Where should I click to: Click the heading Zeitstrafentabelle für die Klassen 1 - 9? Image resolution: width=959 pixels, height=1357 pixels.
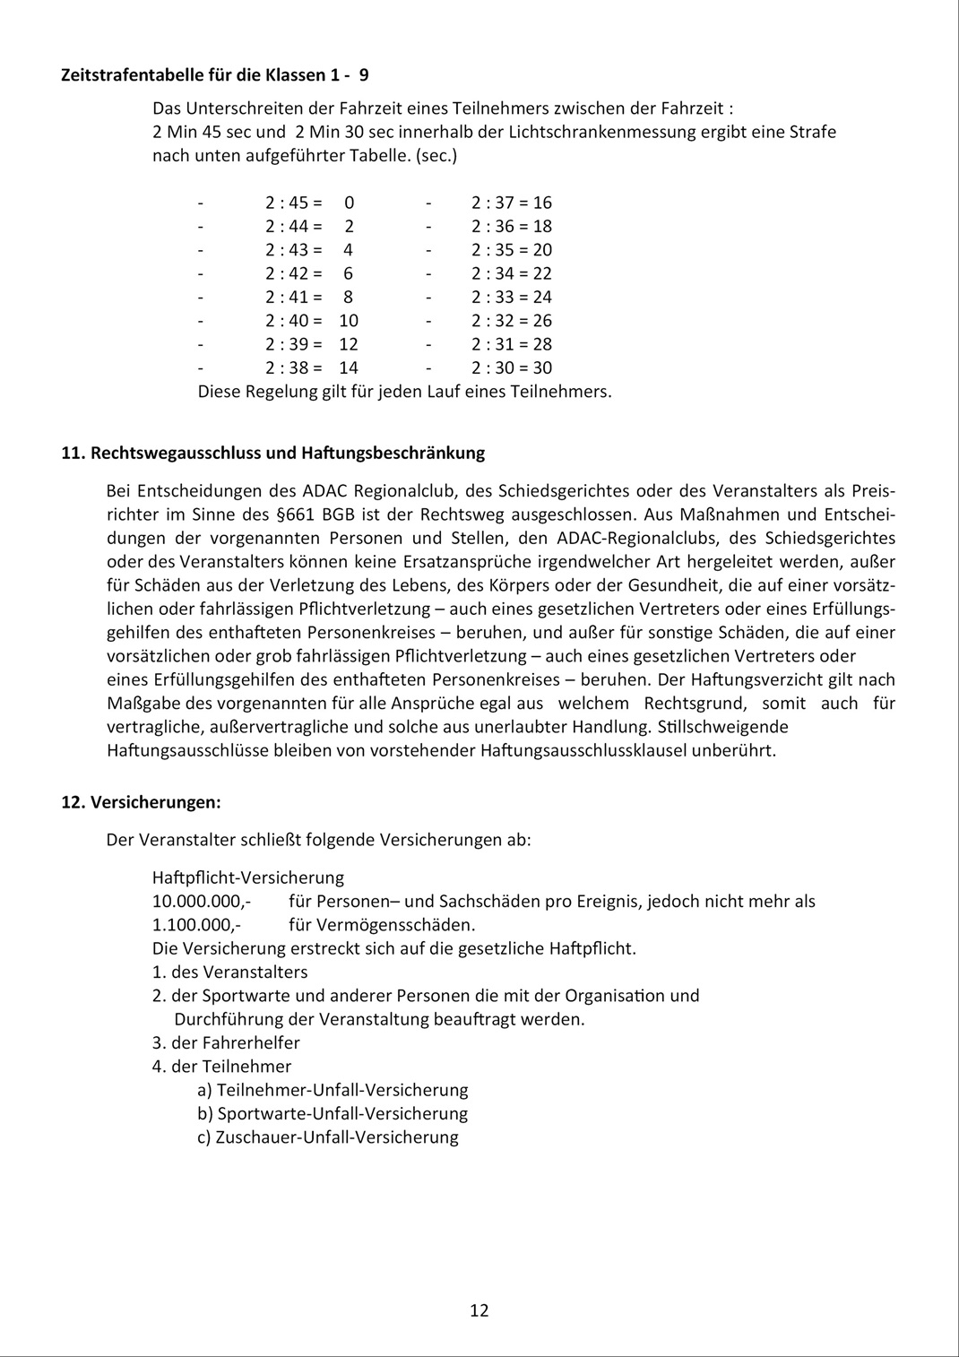coord(214,75)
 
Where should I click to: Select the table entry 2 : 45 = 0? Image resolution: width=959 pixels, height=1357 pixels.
coord(309,203)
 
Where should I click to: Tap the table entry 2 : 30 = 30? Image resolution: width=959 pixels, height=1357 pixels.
coord(512,367)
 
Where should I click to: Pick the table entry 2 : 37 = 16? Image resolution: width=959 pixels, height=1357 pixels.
coord(512,203)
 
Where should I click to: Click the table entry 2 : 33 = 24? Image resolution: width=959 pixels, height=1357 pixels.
coord(512,297)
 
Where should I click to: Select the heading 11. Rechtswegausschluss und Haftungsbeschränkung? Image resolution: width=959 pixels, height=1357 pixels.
coord(272,453)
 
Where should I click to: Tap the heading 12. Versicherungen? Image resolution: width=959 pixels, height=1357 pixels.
coord(141,802)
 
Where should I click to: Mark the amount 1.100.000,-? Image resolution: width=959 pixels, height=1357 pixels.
coord(196,925)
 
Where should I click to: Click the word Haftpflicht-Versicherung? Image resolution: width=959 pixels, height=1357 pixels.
coord(248,877)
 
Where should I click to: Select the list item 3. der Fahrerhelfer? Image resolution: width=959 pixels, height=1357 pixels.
coord(226,1042)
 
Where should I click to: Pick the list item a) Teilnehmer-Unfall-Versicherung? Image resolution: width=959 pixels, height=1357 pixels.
coord(333,1090)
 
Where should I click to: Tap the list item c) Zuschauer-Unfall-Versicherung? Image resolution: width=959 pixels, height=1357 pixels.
coord(328,1137)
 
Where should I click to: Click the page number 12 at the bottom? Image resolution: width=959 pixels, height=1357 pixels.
coord(479,1310)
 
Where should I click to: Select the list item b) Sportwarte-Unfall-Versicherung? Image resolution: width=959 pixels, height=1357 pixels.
coord(333,1113)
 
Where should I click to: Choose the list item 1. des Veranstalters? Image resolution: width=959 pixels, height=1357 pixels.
coord(229,972)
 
